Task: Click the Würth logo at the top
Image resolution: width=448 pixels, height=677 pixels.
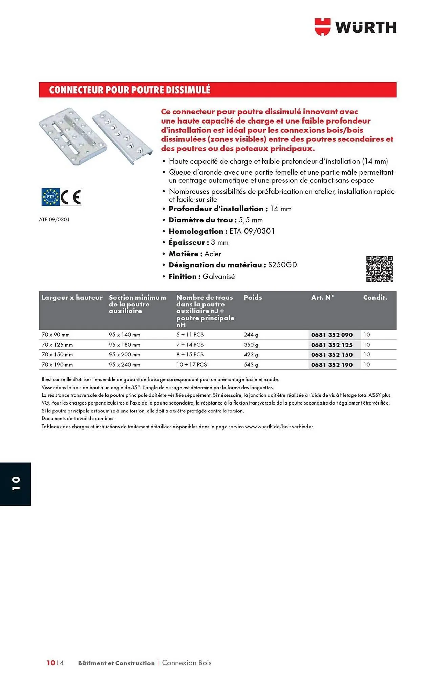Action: point(355,27)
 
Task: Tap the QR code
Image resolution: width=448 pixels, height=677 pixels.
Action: point(379,269)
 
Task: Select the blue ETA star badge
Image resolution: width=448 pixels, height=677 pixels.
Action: point(50,197)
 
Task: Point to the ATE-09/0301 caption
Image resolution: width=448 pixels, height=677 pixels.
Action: point(54,219)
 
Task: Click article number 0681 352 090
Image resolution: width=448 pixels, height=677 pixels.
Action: point(332,335)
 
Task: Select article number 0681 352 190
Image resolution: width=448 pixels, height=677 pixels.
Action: point(332,365)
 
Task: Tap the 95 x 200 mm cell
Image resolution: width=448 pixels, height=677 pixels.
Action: point(124,355)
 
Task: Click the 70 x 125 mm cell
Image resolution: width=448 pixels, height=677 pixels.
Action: point(57,345)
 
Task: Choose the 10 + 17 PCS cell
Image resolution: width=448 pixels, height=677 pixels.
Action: point(192,365)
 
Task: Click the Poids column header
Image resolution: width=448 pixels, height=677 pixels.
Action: point(253,297)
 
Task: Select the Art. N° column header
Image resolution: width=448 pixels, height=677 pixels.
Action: point(322,297)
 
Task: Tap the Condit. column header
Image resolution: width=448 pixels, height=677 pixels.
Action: point(375,297)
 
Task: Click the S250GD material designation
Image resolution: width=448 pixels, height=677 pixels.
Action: point(282,265)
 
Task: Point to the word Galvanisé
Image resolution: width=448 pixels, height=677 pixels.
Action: point(219,277)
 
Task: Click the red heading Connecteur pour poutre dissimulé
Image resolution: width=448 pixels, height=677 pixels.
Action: point(130,90)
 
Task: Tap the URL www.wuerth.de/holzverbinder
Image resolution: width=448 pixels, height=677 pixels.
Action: point(279,427)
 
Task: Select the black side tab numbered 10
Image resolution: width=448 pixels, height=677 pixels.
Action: point(16,484)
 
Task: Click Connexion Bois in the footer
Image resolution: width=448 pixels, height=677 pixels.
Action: point(187,663)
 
